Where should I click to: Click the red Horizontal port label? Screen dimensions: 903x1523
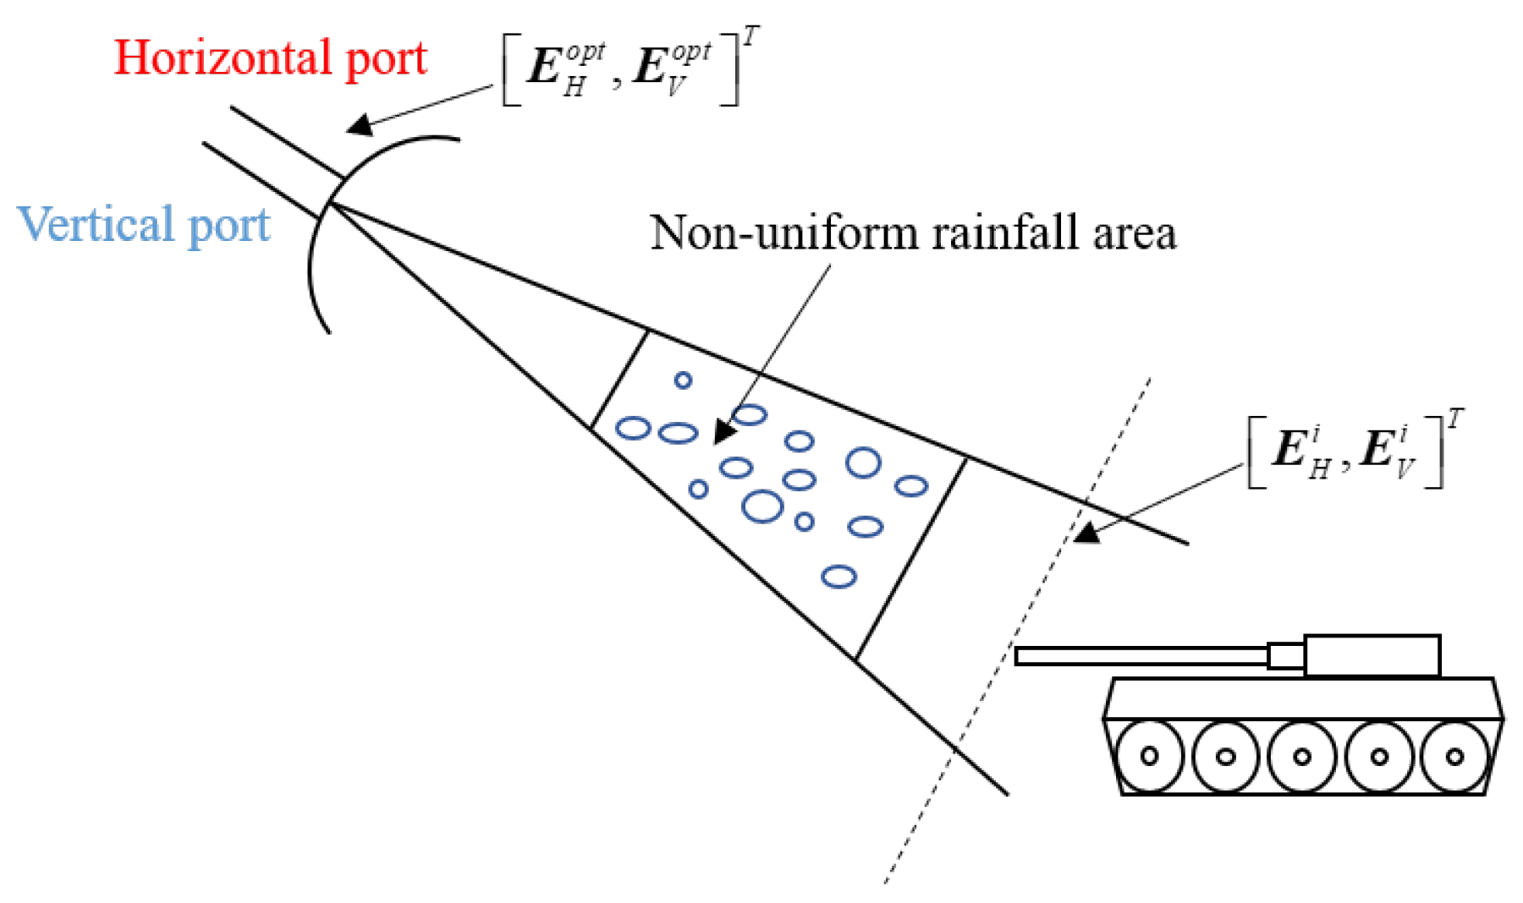click(270, 58)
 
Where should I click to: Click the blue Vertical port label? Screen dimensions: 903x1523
click(144, 225)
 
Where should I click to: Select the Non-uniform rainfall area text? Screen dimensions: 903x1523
click(912, 233)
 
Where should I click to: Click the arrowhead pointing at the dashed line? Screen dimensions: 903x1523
click(1086, 533)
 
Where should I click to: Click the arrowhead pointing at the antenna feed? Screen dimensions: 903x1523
click(360, 126)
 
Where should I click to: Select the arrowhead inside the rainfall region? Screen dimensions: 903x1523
click(724, 432)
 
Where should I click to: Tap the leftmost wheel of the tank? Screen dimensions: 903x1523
click(1149, 755)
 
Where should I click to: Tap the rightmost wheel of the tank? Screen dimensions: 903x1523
click(1454, 756)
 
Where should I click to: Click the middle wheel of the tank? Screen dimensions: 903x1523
click(1302, 756)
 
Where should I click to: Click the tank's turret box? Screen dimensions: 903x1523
click(1372, 656)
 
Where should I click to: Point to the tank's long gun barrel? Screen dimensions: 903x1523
click(1142, 656)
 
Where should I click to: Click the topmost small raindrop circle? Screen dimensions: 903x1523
click(683, 380)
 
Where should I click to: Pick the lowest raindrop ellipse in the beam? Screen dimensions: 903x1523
click(838, 577)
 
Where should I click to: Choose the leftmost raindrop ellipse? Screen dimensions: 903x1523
click(632, 428)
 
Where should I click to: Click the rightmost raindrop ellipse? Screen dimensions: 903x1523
click(911, 486)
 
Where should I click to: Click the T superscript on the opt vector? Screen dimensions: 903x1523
click(751, 36)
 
